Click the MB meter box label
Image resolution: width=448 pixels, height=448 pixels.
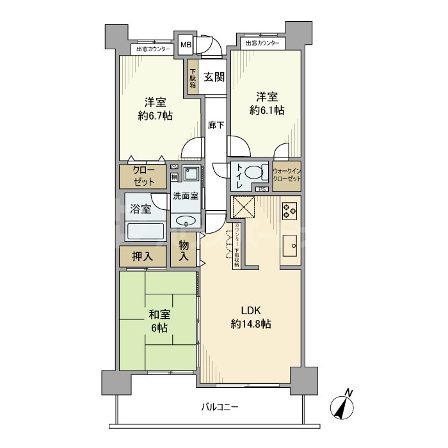coord(185,45)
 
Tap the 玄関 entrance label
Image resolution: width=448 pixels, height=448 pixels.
coord(214,77)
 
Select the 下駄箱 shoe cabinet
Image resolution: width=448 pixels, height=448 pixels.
coord(192,78)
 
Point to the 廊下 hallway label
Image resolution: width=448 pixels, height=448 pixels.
coord(216,125)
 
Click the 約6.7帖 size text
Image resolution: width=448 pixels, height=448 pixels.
coord(155,116)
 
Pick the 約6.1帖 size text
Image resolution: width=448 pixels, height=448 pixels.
coord(267,110)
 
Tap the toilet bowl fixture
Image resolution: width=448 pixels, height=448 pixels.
coord(254,173)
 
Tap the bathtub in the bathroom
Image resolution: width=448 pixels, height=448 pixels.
coord(147,231)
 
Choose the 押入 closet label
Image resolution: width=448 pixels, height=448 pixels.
coord(142,257)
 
